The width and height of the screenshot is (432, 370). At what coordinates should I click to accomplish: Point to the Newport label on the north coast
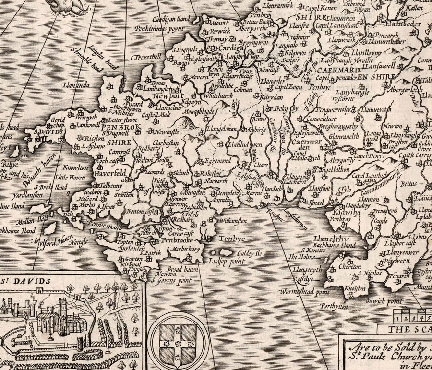168,96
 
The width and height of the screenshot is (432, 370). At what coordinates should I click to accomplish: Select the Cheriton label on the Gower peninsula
349,267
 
